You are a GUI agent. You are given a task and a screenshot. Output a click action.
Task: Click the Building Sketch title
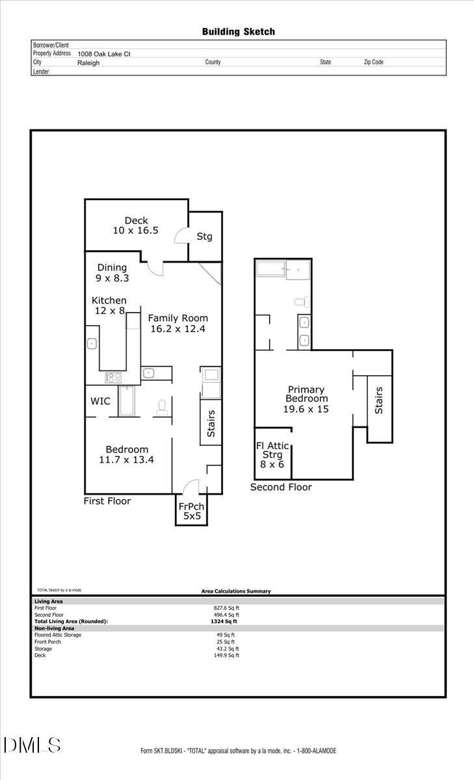238,31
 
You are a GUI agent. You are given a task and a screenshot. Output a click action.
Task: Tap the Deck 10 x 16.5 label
136,226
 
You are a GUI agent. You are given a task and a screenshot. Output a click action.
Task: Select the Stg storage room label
204,237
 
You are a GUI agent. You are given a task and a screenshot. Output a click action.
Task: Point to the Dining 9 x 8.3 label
112,272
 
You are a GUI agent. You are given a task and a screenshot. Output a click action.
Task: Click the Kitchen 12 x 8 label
109,305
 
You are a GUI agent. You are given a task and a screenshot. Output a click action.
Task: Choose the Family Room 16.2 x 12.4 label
178,323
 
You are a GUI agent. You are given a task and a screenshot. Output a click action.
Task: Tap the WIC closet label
100,401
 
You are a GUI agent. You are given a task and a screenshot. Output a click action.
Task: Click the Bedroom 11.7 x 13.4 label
127,454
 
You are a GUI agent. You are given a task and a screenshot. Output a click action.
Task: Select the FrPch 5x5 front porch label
191,512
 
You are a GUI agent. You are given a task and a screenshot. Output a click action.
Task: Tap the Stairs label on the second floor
379,400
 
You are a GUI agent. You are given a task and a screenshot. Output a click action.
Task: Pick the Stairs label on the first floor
211,423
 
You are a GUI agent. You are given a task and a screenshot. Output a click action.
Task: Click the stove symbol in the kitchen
114,377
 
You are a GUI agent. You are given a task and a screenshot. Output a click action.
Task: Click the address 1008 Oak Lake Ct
104,54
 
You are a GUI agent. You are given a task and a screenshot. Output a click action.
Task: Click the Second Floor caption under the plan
281,487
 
